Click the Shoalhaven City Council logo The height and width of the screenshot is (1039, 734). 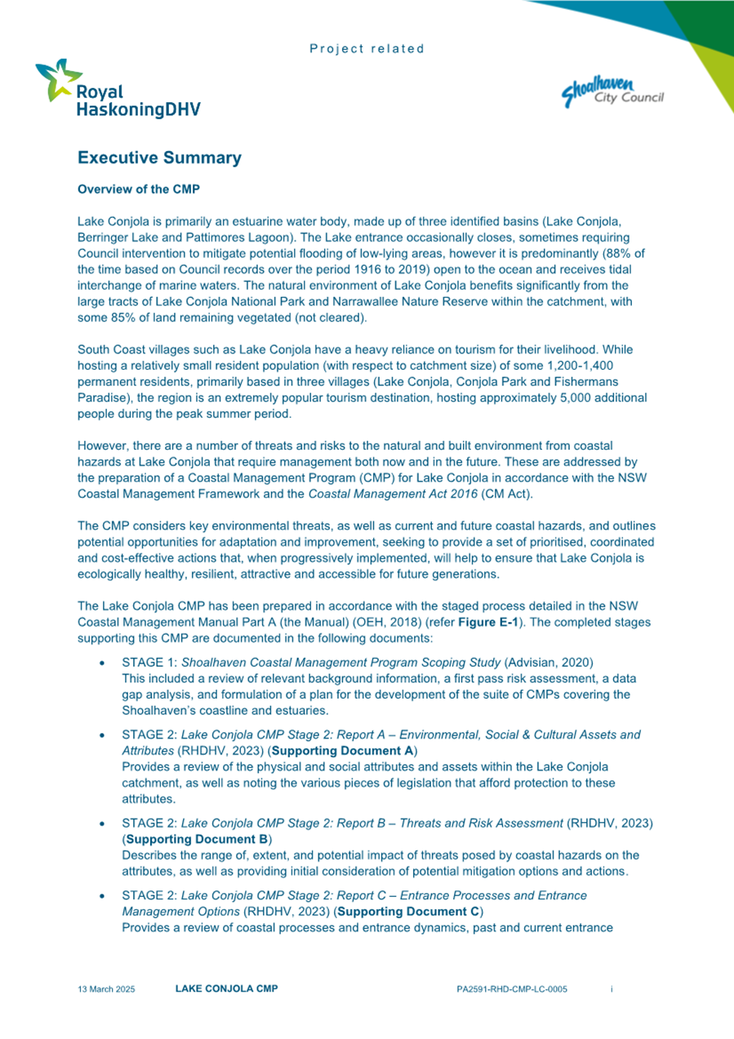(613, 91)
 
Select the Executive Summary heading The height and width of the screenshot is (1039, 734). (159, 158)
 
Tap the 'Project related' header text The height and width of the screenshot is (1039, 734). (367, 49)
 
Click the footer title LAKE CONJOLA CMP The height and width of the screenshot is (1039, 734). (226, 989)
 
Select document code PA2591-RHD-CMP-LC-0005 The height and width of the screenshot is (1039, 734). (512, 989)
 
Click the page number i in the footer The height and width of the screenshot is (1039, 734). (612, 989)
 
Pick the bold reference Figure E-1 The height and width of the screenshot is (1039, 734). (464, 621)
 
